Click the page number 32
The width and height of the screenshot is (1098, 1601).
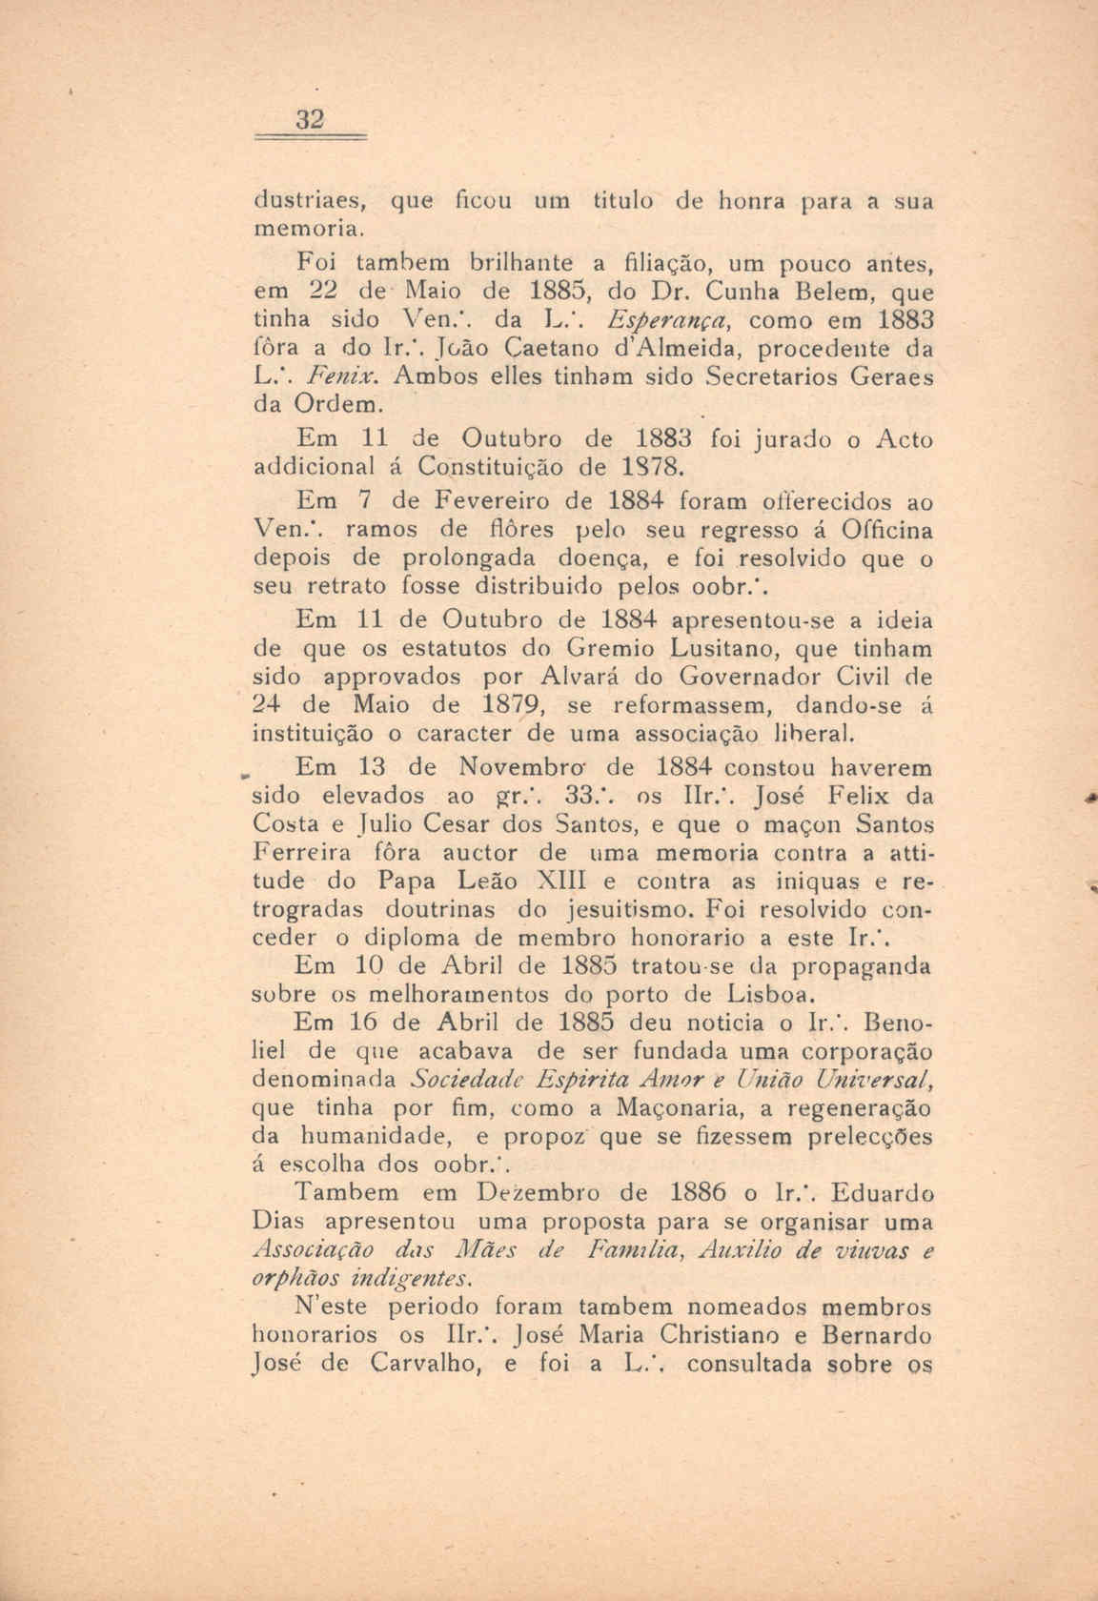click(311, 121)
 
